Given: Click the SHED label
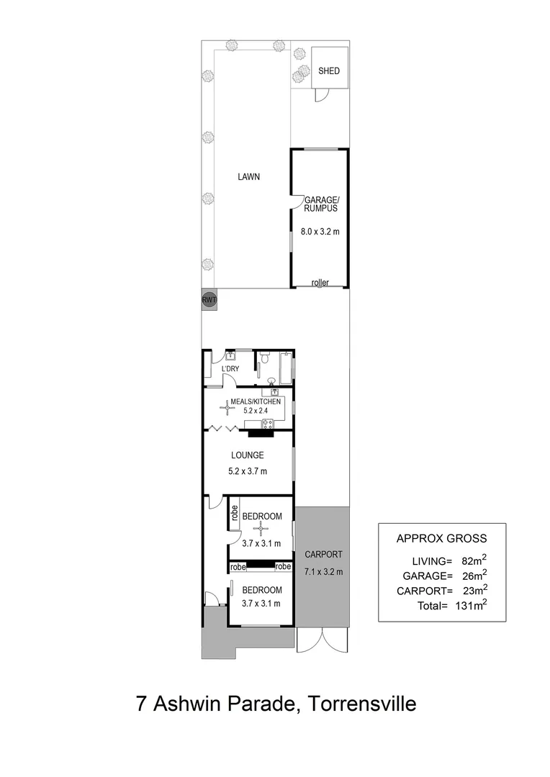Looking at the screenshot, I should (328, 71).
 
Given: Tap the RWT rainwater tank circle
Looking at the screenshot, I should (209, 300).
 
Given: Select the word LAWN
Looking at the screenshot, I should (250, 176).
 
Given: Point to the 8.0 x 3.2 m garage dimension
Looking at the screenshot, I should (319, 232).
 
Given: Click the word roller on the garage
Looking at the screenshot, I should (320, 283).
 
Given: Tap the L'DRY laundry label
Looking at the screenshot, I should (230, 369).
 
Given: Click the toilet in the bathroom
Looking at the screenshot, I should (265, 358).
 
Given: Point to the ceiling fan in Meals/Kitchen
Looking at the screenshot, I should (228, 409).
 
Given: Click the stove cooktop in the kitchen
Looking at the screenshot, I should (267, 423).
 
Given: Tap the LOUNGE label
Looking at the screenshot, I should (247, 455).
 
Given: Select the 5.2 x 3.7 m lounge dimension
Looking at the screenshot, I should (247, 472).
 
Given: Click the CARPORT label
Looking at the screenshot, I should (323, 555).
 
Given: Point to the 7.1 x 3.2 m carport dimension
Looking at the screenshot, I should (323, 572).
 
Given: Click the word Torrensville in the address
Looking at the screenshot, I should (362, 703).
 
